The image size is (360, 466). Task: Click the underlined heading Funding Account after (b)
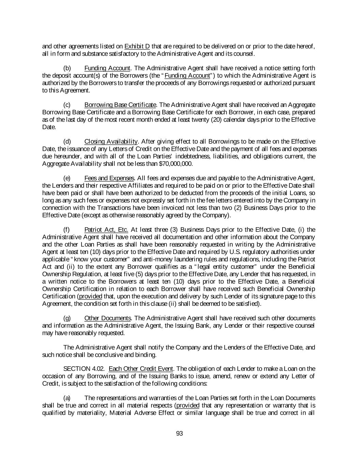coord(107,68)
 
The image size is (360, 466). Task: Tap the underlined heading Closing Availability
coord(111,142)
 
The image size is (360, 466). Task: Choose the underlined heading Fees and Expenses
coord(109,178)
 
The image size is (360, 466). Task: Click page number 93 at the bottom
coord(180,434)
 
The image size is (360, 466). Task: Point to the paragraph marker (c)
coord(67,105)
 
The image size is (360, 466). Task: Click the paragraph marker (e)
coord(67,178)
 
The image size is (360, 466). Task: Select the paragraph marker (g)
coord(67,318)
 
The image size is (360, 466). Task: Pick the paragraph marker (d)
coord(67,142)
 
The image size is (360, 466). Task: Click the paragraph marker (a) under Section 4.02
coord(67,398)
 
